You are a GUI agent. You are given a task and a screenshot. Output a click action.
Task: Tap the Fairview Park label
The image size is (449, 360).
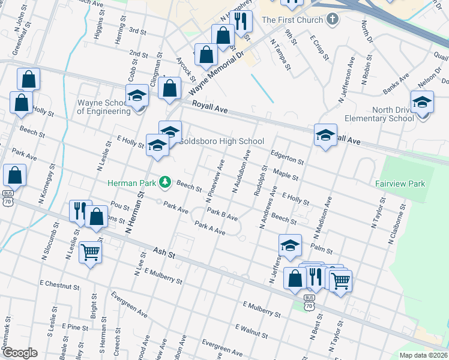400,184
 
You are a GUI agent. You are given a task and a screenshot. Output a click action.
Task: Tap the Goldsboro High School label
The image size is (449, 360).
222,142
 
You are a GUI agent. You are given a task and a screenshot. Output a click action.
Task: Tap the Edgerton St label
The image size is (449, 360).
287,157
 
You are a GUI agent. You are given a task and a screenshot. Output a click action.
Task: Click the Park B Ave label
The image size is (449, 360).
222,215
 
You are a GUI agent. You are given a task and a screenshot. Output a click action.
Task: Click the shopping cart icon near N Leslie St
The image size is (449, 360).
90,252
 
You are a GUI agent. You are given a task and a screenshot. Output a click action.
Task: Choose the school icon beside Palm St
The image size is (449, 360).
289,245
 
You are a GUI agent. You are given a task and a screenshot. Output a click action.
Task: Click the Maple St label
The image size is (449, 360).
286,175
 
